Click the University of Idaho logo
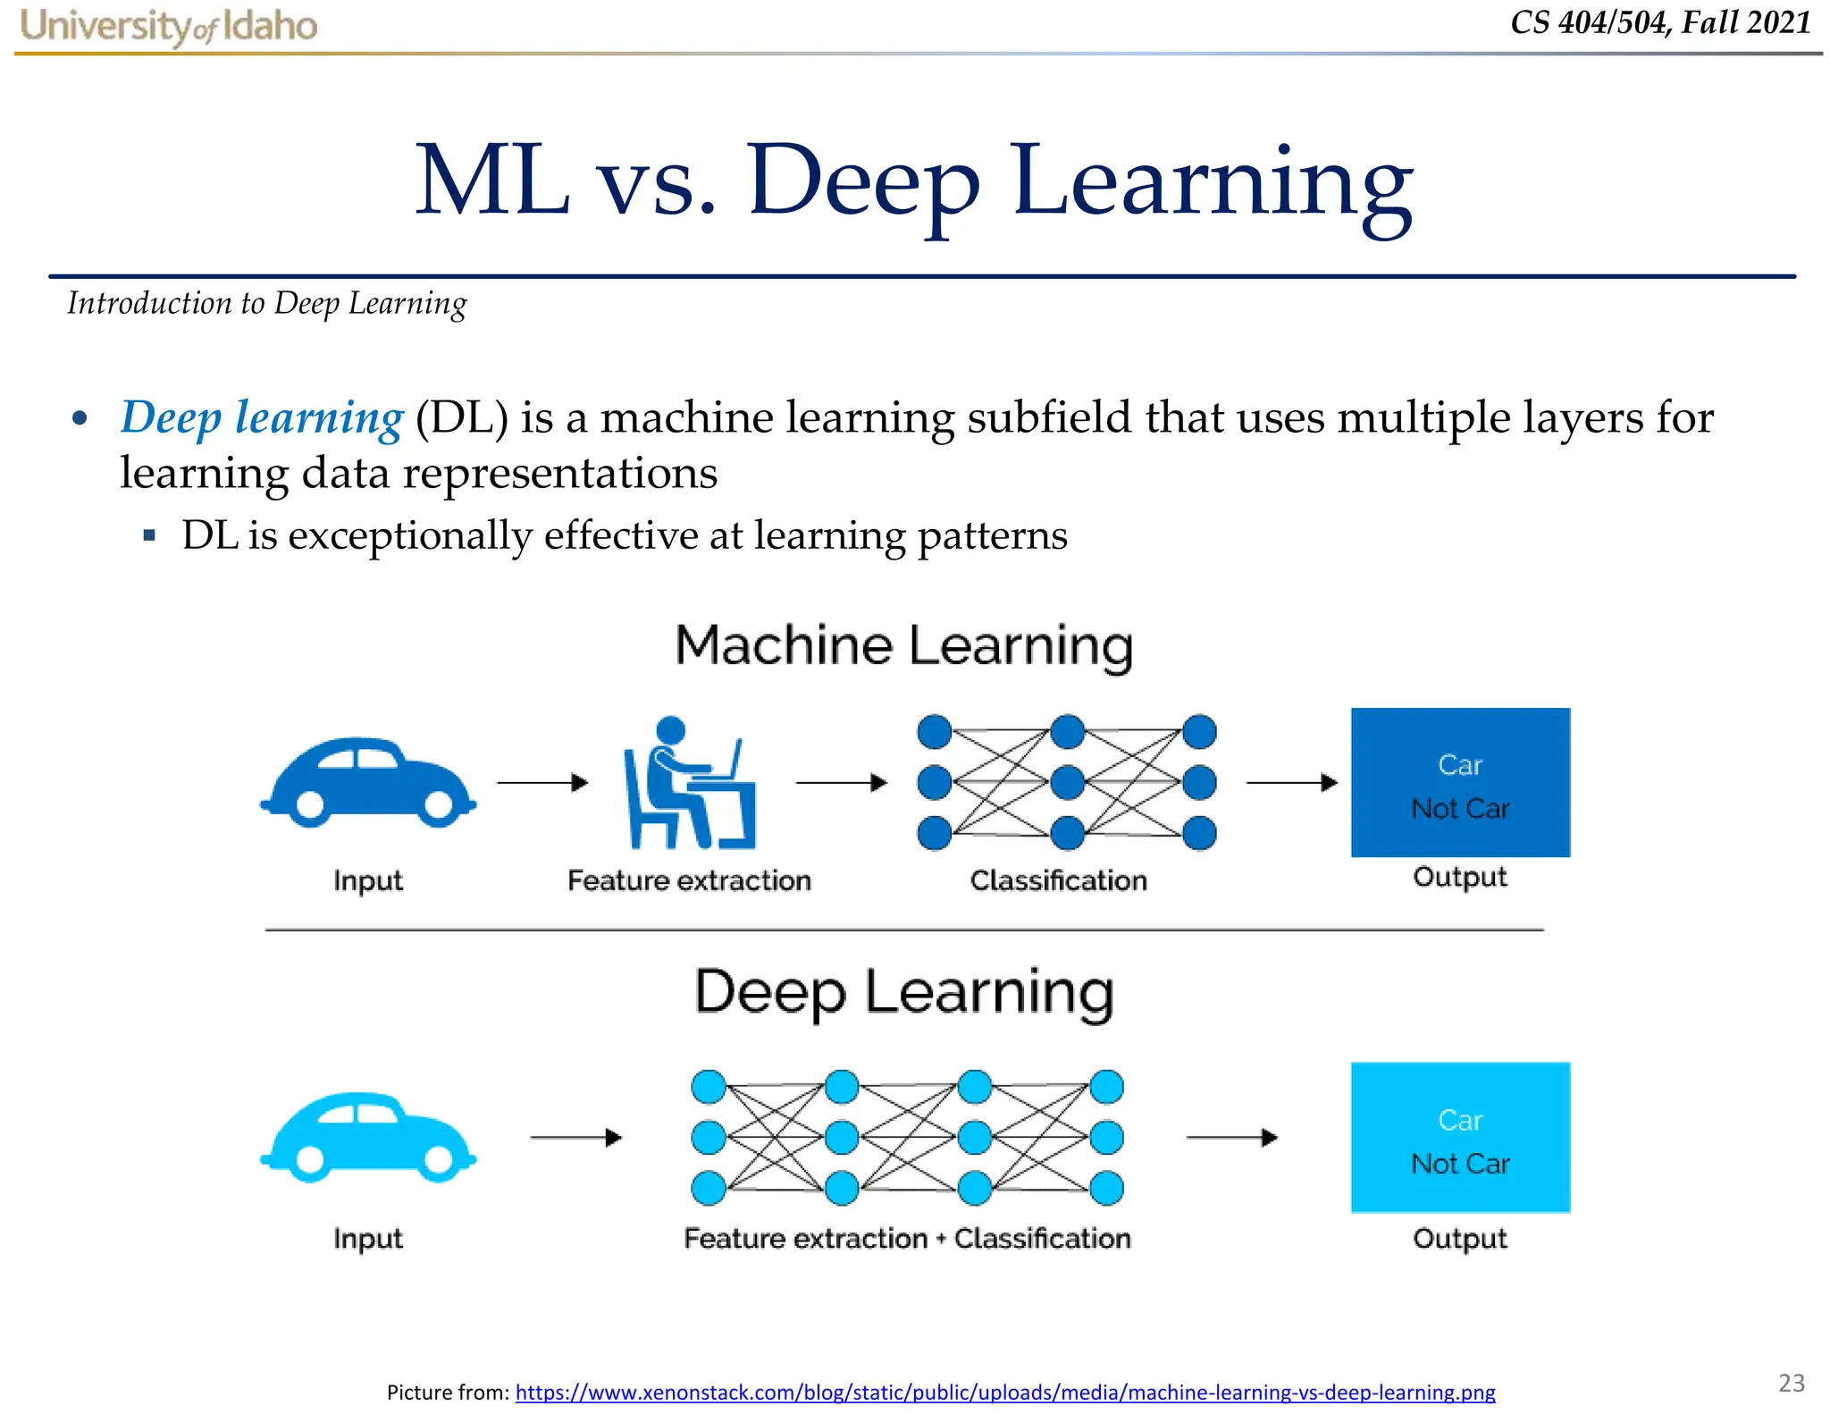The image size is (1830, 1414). (168, 26)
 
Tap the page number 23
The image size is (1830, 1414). (1791, 1383)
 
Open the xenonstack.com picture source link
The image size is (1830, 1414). (1004, 1392)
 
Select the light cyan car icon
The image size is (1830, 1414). (368, 1137)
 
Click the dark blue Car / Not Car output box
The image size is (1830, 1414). (1460, 782)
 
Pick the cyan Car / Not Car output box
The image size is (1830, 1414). (1460, 1137)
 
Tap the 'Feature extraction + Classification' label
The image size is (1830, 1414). (907, 1238)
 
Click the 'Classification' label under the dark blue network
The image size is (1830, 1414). (1058, 880)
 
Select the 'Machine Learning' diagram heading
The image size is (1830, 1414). (904, 645)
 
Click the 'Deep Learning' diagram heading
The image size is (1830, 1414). (904, 992)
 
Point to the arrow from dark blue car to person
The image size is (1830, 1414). (542, 783)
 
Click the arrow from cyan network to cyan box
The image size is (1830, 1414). (1231, 1138)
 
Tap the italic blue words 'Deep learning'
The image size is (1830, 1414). (262, 417)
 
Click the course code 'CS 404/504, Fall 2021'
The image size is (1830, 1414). (1660, 22)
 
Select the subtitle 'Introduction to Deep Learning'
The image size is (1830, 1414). (267, 304)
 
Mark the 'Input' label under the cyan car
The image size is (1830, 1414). (368, 1238)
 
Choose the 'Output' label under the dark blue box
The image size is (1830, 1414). (1460, 877)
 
